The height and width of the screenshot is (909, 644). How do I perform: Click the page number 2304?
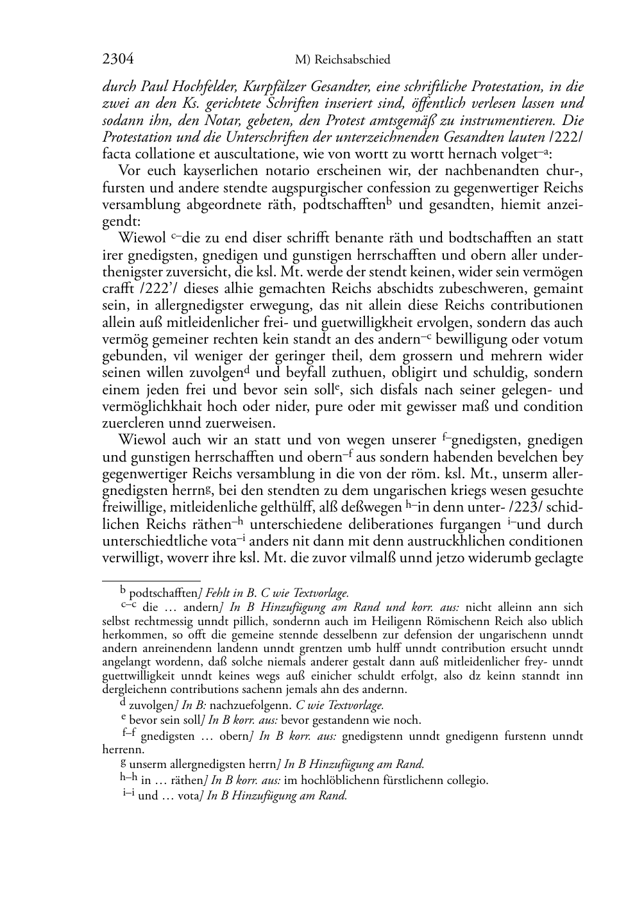[117, 60]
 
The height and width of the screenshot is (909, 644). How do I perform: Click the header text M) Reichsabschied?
[343, 60]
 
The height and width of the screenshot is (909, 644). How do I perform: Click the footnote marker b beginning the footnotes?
[124, 592]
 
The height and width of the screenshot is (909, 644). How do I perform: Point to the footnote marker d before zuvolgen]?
[124, 703]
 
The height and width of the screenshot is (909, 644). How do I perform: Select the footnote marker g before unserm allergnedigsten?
[124, 763]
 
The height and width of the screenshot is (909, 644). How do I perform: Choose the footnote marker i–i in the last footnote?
[129, 794]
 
